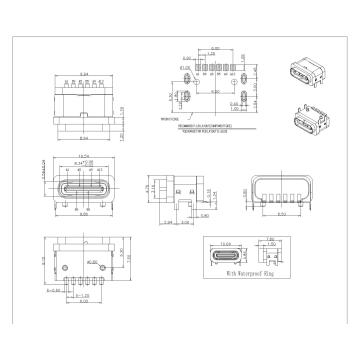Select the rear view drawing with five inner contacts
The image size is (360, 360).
click(275, 190)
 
